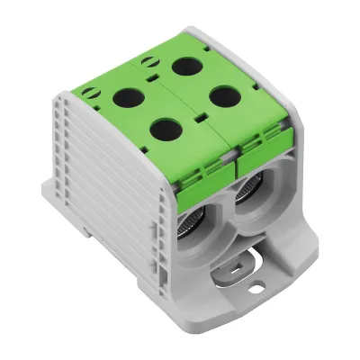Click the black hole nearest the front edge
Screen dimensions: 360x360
tap(163, 130)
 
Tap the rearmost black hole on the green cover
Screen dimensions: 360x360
tap(188, 66)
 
